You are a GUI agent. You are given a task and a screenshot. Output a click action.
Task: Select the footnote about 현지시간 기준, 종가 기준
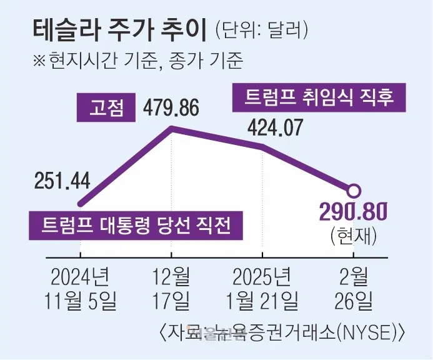137,61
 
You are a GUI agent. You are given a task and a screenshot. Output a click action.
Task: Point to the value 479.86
171,108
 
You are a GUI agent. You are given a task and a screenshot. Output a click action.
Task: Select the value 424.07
275,128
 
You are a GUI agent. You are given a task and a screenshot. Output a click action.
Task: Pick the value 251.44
62,181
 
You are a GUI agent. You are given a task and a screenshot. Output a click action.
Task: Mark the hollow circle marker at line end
354,191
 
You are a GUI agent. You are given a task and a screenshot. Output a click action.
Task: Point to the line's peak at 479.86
172,128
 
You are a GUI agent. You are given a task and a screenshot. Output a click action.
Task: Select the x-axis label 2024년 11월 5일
81,288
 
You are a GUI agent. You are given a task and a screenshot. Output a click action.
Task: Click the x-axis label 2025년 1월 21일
262,288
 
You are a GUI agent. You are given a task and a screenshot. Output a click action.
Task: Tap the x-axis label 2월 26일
354,288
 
